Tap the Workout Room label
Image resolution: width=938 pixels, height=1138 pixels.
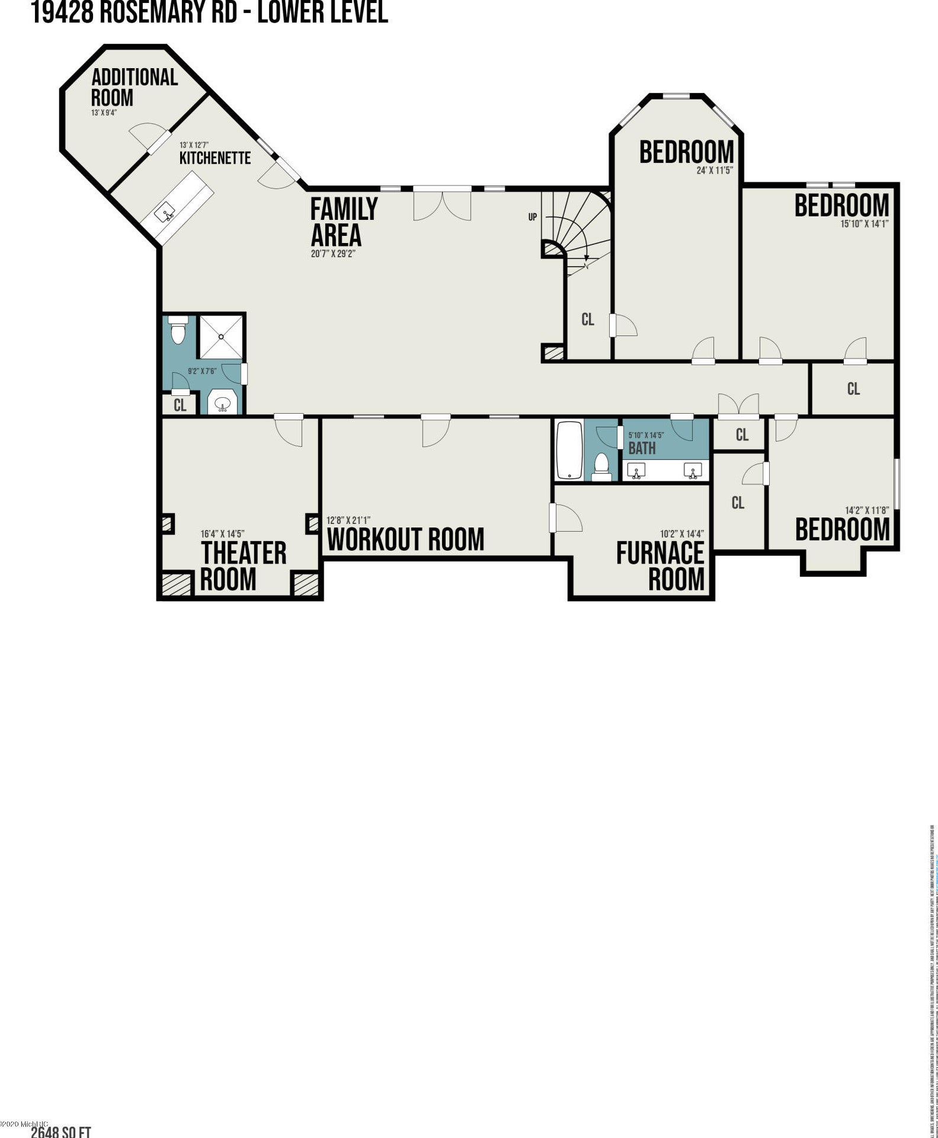[x=405, y=539]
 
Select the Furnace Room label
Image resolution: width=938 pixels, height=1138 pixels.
[x=660, y=565]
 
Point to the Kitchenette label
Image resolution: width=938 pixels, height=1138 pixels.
[x=215, y=158]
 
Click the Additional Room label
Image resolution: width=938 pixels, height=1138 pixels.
[x=134, y=87]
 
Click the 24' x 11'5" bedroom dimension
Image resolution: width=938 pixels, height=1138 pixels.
[x=715, y=171]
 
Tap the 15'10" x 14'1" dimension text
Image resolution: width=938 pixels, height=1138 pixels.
[x=865, y=224]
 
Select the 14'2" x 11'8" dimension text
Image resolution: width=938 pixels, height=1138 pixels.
[x=866, y=510]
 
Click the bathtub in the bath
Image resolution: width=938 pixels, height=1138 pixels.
[x=569, y=450]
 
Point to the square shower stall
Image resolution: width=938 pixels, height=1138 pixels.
[x=220, y=337]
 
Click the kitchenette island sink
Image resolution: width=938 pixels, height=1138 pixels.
[x=165, y=212]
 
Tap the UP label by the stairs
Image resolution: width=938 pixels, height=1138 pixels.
[x=532, y=217]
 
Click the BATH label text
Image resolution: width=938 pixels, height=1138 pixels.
[x=642, y=449]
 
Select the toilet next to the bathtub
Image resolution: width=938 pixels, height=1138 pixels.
[x=602, y=466]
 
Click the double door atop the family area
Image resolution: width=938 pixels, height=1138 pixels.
[x=442, y=203]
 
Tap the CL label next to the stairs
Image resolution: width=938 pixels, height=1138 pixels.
[x=587, y=319]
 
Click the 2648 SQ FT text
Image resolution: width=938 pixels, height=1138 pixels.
[x=61, y=1132]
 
